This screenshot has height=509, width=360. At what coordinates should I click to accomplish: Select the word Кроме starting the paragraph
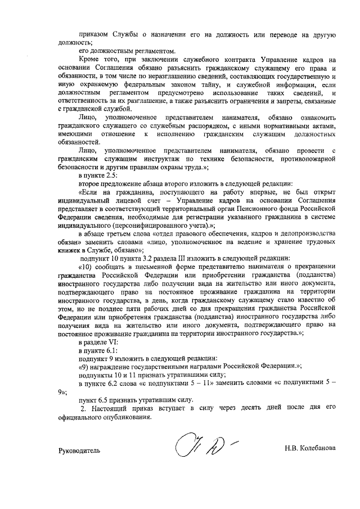pyautogui.click(x=89, y=59)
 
